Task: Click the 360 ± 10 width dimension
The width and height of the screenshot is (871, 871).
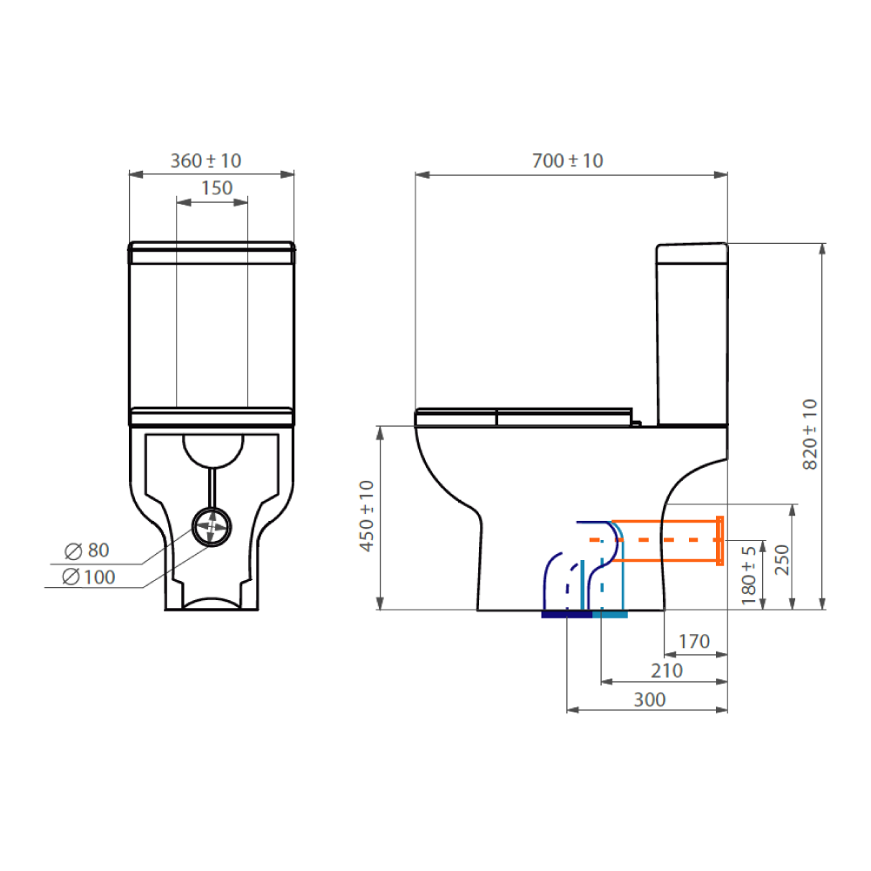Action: coord(206,161)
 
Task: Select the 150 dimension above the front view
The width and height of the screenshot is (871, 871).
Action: coord(217,187)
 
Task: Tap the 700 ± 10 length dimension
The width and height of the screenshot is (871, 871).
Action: coord(567,161)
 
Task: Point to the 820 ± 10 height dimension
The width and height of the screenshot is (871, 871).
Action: coord(809,434)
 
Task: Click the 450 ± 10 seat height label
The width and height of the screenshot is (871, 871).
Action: coord(366,516)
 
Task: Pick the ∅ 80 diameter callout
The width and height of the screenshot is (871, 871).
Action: coord(87,550)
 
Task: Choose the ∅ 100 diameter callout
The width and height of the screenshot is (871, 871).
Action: coord(89,576)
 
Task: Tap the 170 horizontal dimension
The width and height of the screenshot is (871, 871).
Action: coord(693,642)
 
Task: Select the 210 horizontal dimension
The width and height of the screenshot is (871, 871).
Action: coord(666,671)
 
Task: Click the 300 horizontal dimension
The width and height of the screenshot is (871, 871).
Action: coord(649,699)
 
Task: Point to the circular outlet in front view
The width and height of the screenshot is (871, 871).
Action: coord(211,525)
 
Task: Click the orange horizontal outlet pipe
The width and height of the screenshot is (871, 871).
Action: coord(666,540)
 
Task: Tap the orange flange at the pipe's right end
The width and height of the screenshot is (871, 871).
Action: coord(719,540)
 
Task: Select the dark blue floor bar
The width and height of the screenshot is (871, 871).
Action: coord(566,615)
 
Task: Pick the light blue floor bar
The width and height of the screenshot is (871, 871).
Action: coord(610,615)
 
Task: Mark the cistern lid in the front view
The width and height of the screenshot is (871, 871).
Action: coord(212,253)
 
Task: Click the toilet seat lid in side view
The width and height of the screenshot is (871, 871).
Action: coord(523,416)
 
